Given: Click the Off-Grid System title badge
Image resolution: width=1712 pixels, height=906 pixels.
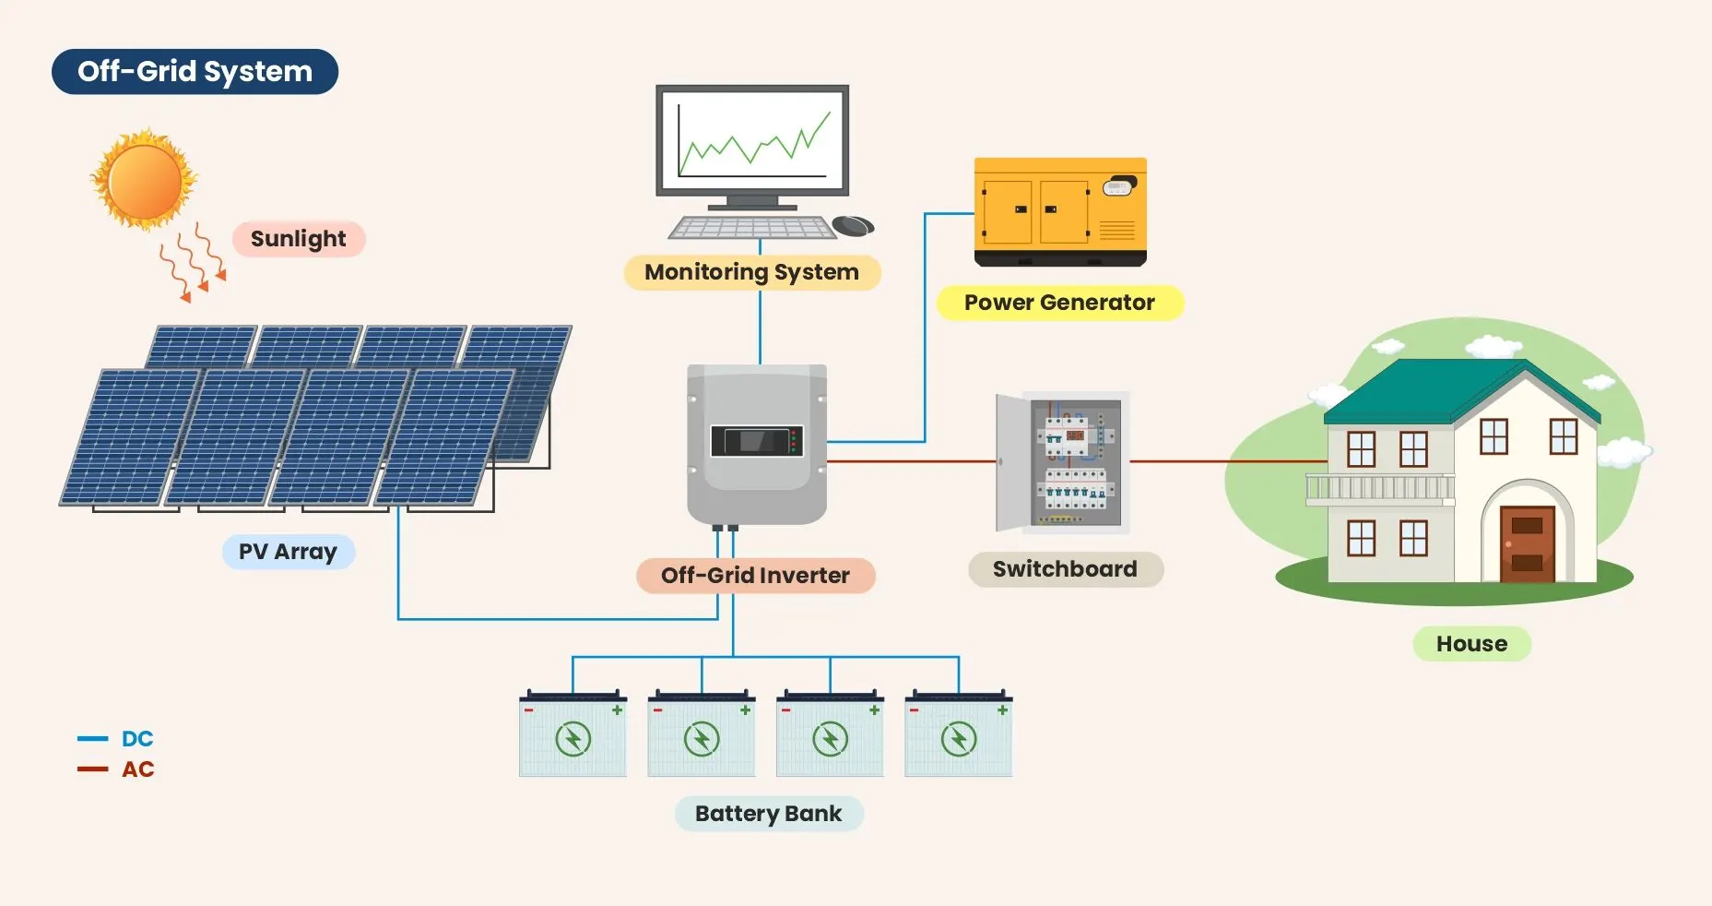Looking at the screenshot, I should click(x=195, y=72).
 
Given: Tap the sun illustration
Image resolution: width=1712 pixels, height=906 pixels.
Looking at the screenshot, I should click(x=144, y=180).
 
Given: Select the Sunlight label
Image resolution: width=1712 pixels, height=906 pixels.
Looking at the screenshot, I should click(x=298, y=239).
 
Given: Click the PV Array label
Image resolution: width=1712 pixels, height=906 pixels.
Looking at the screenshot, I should click(x=288, y=552).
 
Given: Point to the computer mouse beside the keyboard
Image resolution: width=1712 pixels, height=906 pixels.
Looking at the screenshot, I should click(x=852, y=225).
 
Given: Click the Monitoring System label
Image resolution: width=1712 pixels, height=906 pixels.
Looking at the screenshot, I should click(x=751, y=272).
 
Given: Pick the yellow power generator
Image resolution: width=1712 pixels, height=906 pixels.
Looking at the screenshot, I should click(x=1060, y=211).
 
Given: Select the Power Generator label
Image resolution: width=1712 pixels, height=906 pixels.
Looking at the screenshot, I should click(x=1059, y=303).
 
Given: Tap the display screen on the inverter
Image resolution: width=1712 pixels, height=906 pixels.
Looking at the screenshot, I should click(x=756, y=441).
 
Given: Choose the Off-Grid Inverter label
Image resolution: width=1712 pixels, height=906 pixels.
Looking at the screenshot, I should click(x=755, y=576).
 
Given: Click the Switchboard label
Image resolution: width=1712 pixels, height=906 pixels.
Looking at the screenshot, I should click(x=1065, y=569).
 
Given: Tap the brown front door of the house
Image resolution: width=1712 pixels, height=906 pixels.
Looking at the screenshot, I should click(x=1527, y=543).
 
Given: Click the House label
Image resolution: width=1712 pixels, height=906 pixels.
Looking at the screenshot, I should click(x=1471, y=644).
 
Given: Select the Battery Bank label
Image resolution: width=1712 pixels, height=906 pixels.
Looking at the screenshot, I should click(x=768, y=814).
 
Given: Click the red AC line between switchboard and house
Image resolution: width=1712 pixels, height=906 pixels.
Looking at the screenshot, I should click(x=1226, y=461).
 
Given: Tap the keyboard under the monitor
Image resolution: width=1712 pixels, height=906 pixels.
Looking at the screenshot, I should click(x=751, y=227).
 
